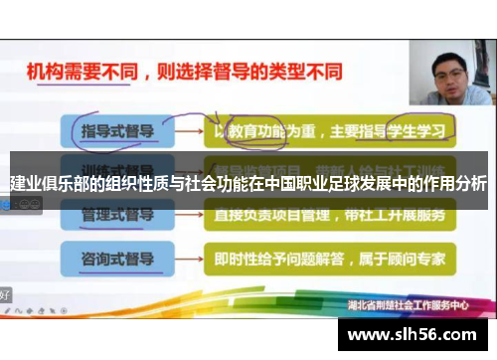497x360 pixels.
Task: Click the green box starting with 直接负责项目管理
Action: pos(327,215)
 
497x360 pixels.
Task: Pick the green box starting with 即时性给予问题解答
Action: pos(327,260)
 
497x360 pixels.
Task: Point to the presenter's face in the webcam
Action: pos(450,69)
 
